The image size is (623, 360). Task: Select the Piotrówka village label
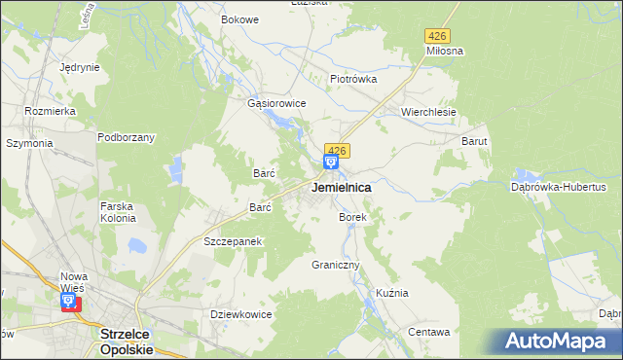(352, 80)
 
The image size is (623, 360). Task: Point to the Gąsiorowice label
(277, 103)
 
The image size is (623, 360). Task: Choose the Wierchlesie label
(429, 112)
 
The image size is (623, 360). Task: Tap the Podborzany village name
(127, 137)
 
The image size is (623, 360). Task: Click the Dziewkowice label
(240, 314)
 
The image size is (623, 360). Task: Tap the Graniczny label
(336, 265)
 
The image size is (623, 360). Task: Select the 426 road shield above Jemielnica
(336, 150)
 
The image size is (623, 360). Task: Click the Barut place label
(474, 141)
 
